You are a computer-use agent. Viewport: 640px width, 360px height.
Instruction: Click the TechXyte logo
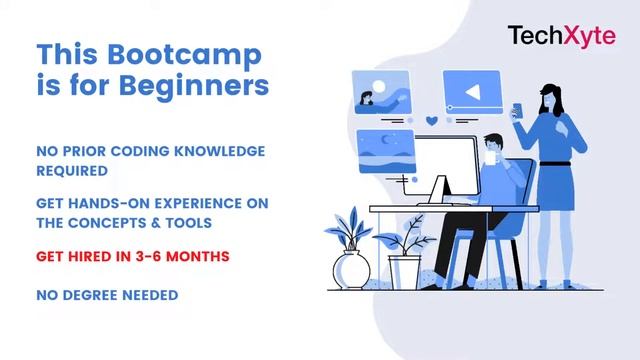click(x=560, y=37)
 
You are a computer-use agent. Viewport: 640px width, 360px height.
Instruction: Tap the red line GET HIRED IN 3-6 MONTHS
click(x=133, y=257)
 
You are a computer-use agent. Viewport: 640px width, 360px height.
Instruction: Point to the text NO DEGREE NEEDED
click(x=107, y=295)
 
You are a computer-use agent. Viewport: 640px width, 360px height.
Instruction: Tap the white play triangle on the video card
click(x=472, y=93)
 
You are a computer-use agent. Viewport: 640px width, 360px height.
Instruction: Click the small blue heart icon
click(x=431, y=121)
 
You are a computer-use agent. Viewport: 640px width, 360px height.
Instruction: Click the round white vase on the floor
click(x=352, y=269)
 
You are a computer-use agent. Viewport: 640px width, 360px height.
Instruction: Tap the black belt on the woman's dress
click(x=558, y=163)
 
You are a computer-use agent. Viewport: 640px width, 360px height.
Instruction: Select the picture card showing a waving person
click(x=382, y=92)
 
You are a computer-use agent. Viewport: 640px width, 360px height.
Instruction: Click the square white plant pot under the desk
click(x=404, y=271)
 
